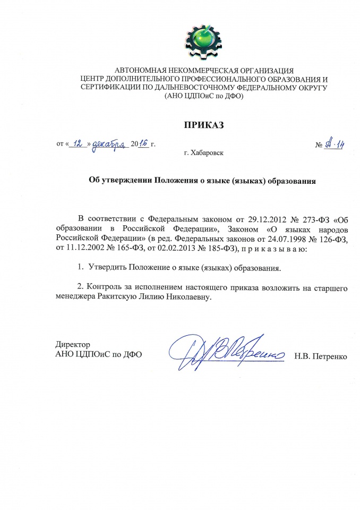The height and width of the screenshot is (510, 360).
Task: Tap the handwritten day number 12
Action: click(x=78, y=143)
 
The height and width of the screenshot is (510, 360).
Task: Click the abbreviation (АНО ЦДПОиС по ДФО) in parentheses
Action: click(x=204, y=96)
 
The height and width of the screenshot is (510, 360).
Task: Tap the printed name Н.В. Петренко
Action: click(x=321, y=355)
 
